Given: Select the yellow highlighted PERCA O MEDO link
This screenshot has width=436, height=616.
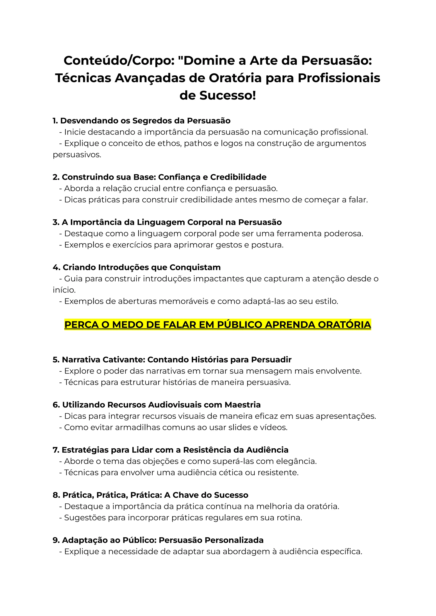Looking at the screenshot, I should [217, 325].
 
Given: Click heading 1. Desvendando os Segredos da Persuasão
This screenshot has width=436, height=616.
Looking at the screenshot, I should [142, 121].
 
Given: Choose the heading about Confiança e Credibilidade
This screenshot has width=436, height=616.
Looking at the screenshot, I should [159, 177].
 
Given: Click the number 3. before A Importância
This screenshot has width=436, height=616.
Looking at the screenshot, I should [56, 222].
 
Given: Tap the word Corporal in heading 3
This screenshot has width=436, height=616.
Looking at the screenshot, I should [206, 222].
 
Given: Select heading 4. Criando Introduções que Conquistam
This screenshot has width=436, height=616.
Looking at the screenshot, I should [137, 267].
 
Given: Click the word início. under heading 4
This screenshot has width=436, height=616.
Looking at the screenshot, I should [64, 290].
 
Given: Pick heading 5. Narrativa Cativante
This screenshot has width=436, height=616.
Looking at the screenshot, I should [172, 360].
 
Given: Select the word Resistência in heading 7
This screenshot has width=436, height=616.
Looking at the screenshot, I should [214, 450].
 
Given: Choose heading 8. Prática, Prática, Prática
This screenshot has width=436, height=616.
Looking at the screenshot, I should [150, 495].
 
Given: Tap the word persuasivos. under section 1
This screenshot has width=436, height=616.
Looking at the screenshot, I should [77, 155].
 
